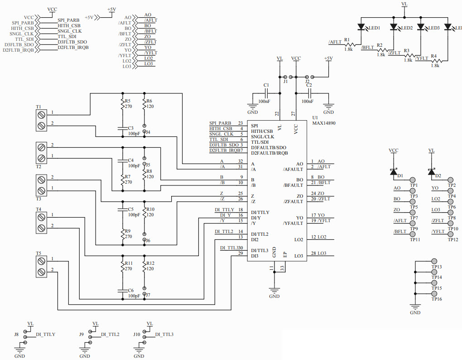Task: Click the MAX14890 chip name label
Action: click(324, 123)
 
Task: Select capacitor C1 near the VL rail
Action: click(266, 93)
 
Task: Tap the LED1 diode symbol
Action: click(361, 28)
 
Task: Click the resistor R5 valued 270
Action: click(122, 105)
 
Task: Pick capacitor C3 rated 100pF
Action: click(122, 128)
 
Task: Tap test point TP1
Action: click(412, 180)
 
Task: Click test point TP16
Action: click(434, 294)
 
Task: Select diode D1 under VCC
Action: click(394, 171)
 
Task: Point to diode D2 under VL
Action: click(431, 171)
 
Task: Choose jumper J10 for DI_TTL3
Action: click(145, 337)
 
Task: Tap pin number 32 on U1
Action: click(240, 161)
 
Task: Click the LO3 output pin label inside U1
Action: click(298, 256)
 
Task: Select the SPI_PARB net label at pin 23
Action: click(220, 123)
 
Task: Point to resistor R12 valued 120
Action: click(144, 268)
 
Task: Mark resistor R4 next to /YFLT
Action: click(435, 61)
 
